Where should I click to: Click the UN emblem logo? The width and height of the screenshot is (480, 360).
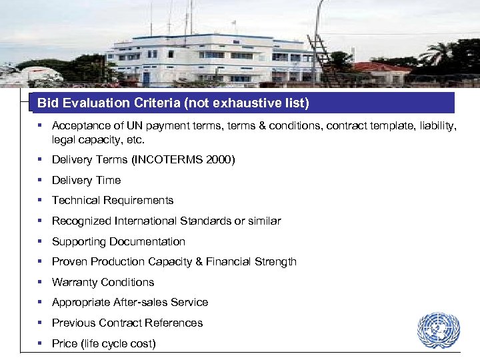pos(439,330)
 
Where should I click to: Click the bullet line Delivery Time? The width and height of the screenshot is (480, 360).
pos(86,180)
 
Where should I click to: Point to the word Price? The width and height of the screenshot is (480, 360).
pos(65,343)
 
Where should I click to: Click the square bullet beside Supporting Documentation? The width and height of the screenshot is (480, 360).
pos(41,241)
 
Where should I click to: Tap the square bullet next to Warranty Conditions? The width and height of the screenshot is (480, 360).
pos(41,282)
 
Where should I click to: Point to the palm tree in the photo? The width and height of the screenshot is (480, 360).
pos(441,53)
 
